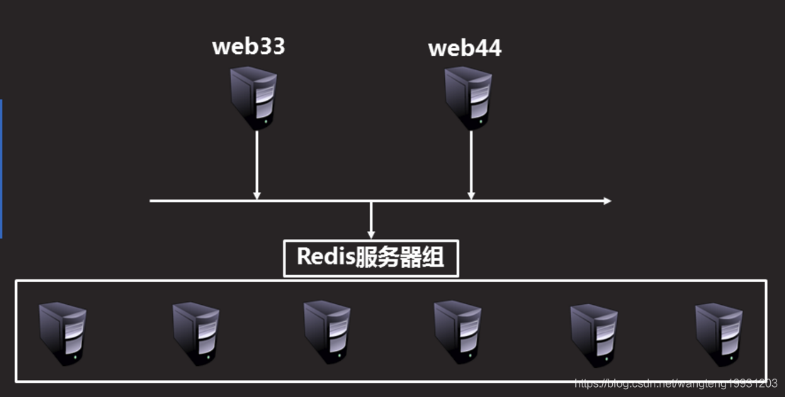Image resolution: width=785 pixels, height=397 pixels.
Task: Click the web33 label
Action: click(x=248, y=46)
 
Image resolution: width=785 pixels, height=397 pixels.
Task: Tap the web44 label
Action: click(x=465, y=48)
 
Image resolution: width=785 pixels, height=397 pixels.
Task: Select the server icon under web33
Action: click(x=254, y=99)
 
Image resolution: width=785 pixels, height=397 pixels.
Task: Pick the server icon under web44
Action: click(x=468, y=99)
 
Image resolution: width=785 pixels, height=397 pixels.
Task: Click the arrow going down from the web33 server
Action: click(x=257, y=165)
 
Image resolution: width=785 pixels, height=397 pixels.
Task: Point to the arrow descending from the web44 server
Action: click(x=470, y=165)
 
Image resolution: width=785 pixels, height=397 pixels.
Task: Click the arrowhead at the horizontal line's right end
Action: click(x=607, y=201)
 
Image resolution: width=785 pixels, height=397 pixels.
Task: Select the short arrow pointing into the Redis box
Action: click(x=371, y=220)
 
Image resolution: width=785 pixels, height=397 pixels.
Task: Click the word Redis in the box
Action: click(x=325, y=257)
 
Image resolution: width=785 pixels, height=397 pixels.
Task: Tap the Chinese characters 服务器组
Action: click(x=399, y=257)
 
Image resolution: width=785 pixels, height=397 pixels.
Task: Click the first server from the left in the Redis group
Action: click(x=62, y=334)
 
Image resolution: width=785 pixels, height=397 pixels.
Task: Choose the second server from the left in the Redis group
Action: click(x=196, y=334)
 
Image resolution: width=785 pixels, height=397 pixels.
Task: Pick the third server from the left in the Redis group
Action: click(x=327, y=332)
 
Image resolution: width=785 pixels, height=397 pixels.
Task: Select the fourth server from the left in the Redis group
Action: click(x=458, y=332)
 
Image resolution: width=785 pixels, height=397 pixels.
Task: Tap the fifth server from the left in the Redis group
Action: click(x=594, y=335)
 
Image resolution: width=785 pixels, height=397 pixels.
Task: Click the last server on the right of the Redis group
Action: click(x=719, y=335)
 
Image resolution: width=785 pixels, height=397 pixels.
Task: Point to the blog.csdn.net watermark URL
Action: click(x=676, y=384)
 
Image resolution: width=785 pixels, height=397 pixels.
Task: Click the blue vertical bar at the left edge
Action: click(x=1, y=169)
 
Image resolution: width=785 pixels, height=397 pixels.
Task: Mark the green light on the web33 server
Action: click(x=266, y=121)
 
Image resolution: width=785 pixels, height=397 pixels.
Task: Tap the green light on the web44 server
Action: click(x=480, y=121)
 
